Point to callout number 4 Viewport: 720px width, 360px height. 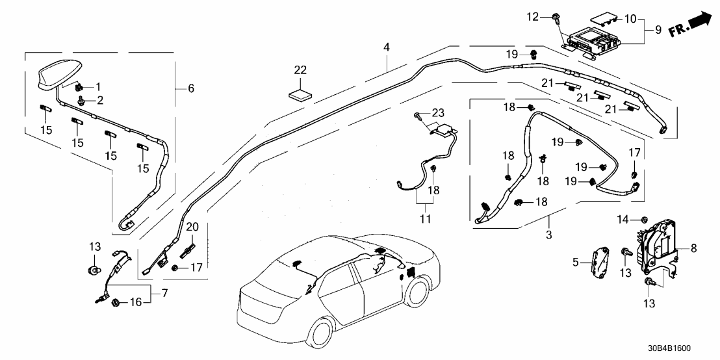click(x=387, y=47)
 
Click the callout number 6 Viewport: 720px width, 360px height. click(x=190, y=88)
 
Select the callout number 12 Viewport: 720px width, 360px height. click(x=533, y=16)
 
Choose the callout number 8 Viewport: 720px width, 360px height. click(x=693, y=248)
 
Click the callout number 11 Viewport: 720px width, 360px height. click(x=425, y=219)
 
